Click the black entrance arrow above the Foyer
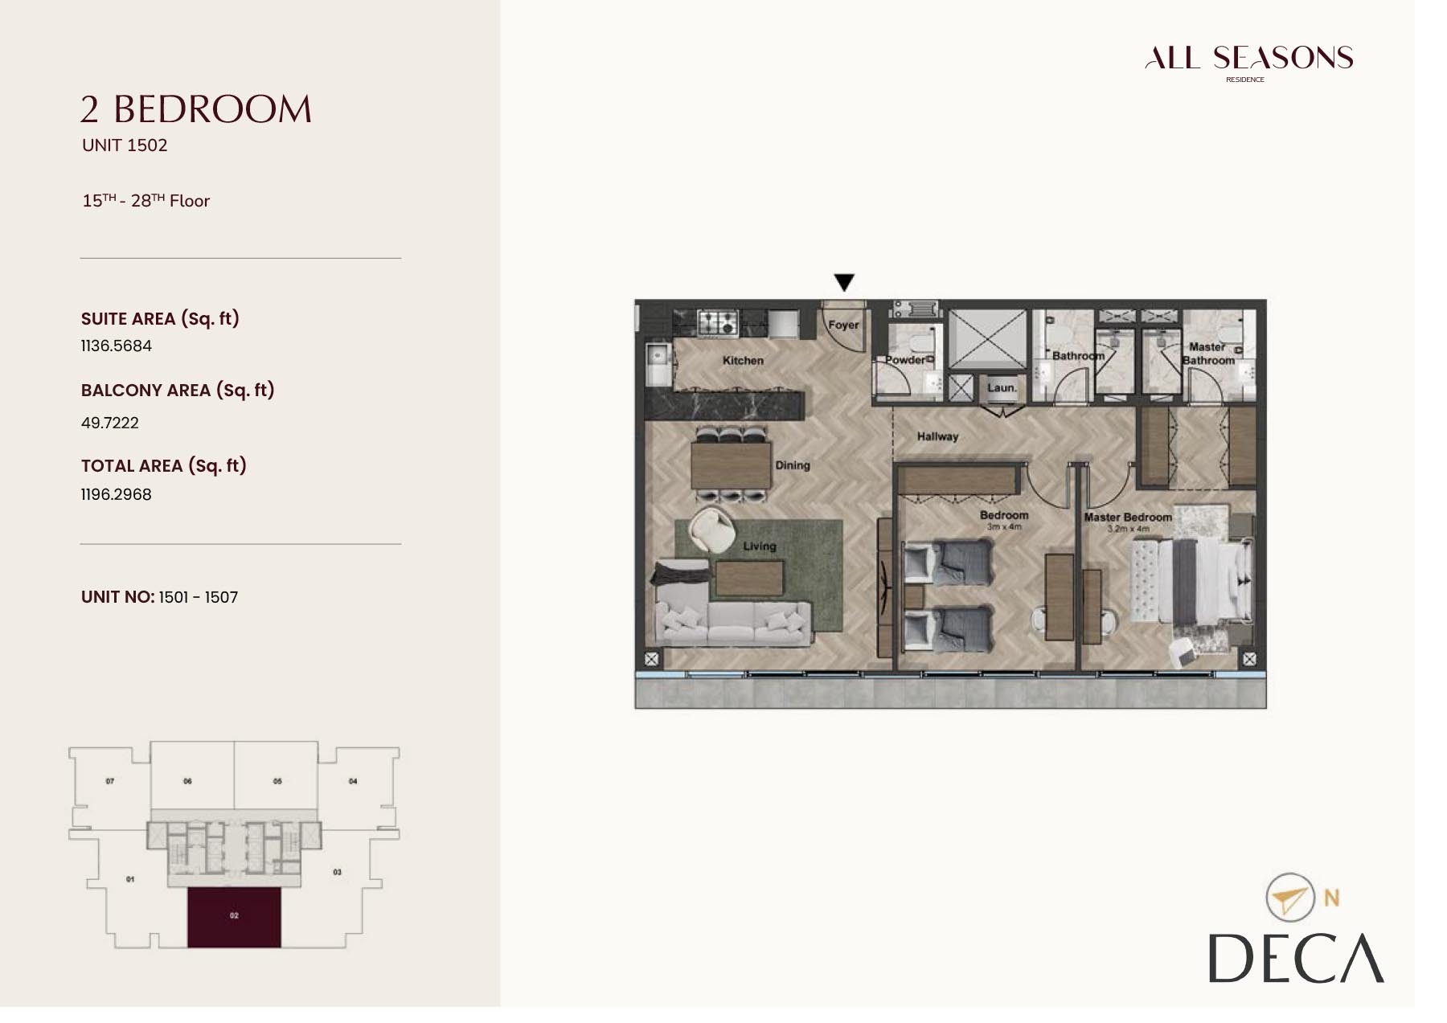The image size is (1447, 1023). coord(843,282)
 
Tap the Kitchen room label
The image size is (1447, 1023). coord(743,361)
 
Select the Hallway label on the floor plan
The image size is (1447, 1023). coord(937,436)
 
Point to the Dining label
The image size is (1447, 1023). coord(792,465)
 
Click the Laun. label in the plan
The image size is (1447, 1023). coord(1002,387)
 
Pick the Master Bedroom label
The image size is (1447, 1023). coord(1127,518)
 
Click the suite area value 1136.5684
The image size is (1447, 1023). coord(117,346)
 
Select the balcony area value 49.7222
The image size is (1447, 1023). coord(110,423)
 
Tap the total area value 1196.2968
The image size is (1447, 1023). coord(117,494)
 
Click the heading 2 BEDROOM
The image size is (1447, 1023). coord(196,109)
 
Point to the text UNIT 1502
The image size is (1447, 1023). coord(125,145)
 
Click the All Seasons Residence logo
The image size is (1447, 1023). coord(1248,59)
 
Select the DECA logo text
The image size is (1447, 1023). coord(1296,958)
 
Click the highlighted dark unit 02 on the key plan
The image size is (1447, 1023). coord(234,917)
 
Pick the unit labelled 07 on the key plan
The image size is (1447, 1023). coord(110,781)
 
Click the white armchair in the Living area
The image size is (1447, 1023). coord(712,530)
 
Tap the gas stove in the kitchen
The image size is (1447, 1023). coord(718,323)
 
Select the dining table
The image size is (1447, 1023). coord(731,464)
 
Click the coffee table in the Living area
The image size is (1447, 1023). coord(748,578)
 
